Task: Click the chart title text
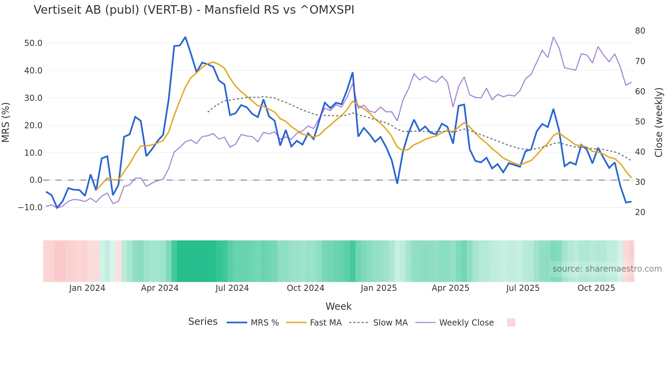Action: point(194,10)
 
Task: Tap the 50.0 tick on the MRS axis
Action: point(33,43)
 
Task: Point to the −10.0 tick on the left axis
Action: point(30,208)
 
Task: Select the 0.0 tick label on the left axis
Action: point(36,180)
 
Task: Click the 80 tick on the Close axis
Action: point(640,31)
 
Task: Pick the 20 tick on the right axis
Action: point(640,212)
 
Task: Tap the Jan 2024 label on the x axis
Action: point(87,288)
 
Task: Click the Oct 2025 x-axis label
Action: point(596,288)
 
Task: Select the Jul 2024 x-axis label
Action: point(232,288)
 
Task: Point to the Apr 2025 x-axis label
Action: point(450,288)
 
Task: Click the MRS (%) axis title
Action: point(6,122)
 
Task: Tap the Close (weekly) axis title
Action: point(659,122)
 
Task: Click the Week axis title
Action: point(338,306)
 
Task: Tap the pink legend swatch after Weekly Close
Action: point(511,322)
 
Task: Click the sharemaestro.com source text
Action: point(607,269)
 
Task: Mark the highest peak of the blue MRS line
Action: point(185,37)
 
